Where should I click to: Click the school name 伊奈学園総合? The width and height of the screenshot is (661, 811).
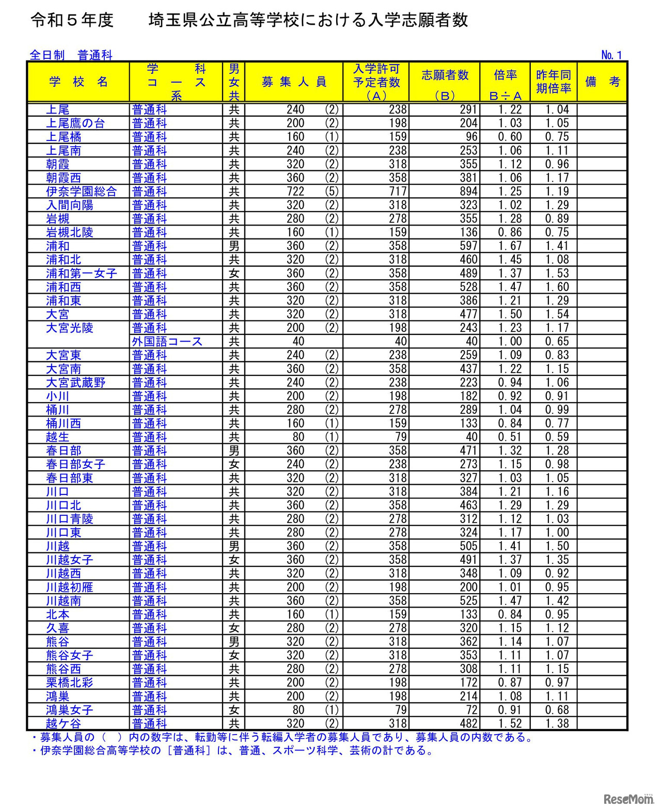click(x=81, y=192)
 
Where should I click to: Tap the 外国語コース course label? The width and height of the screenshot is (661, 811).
click(x=167, y=342)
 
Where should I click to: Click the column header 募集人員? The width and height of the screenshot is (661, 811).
click(x=294, y=82)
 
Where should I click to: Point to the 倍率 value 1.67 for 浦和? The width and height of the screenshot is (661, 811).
click(x=510, y=246)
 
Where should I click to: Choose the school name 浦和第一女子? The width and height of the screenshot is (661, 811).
click(x=81, y=274)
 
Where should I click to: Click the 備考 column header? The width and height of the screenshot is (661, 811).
click(x=602, y=82)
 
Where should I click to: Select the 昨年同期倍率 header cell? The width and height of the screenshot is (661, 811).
click(x=553, y=82)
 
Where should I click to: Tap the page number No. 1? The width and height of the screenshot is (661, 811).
click(x=611, y=55)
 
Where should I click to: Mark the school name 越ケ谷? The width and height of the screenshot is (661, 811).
click(x=64, y=724)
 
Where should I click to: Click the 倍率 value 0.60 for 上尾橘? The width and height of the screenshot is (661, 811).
click(x=510, y=137)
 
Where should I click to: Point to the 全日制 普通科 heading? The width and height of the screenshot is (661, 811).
click(x=71, y=55)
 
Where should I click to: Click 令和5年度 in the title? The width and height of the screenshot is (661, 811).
click(x=72, y=20)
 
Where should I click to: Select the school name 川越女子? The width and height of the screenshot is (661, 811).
click(x=69, y=560)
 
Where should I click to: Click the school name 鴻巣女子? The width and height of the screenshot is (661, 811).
click(x=69, y=710)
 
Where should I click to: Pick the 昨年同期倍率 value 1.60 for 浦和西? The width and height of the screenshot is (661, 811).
click(x=557, y=287)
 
